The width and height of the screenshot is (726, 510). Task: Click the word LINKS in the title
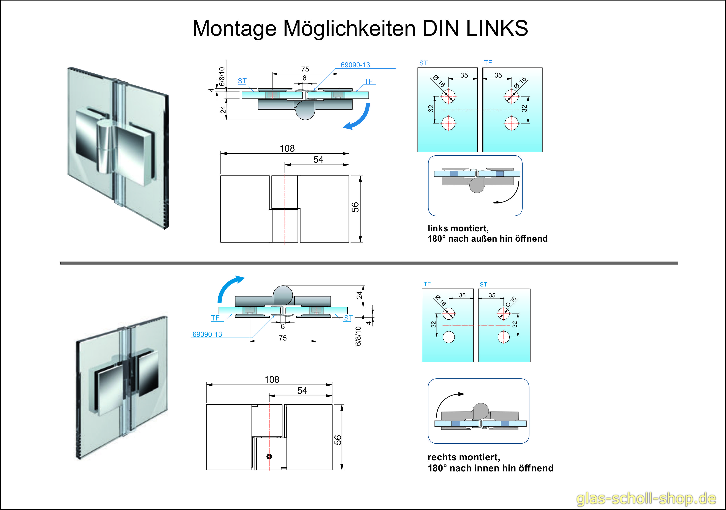point(497,29)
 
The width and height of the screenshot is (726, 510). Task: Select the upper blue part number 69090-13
point(355,65)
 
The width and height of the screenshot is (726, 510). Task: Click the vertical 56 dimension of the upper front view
point(355,207)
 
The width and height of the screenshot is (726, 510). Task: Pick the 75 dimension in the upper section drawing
point(305,69)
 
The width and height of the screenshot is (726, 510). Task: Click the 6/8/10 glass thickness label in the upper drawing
point(222,76)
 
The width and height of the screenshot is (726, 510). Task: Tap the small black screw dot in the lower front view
point(269,456)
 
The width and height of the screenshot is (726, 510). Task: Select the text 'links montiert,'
point(458,229)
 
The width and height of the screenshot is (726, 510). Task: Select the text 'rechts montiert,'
point(463,457)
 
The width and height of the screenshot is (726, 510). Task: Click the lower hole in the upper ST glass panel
point(448,123)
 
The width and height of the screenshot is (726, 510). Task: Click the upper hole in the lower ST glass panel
point(503,313)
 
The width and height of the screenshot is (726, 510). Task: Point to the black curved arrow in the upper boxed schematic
point(509,196)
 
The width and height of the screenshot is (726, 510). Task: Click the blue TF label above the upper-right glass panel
point(488,63)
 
